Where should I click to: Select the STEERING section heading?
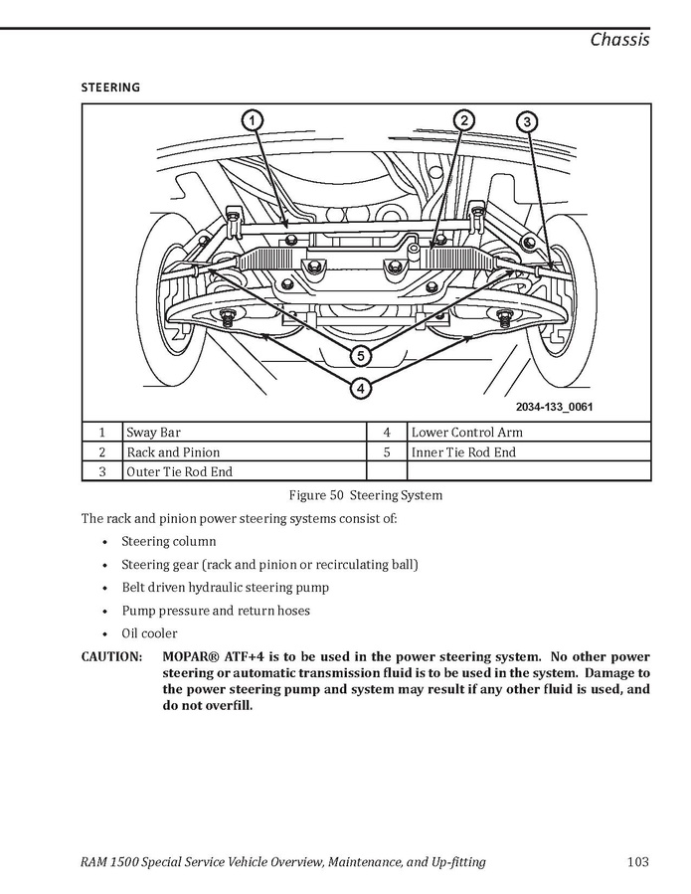click(110, 88)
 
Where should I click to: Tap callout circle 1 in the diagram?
click(253, 120)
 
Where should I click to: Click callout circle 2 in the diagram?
click(463, 120)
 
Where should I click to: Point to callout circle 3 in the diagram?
click(527, 121)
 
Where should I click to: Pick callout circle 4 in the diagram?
click(361, 387)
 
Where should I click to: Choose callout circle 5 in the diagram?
click(361, 355)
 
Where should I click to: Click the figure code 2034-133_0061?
click(554, 407)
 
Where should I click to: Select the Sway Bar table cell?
click(153, 433)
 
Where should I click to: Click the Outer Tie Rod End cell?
click(179, 472)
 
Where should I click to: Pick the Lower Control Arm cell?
click(466, 433)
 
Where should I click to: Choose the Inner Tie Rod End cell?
click(463, 452)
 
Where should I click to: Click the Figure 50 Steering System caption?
click(365, 495)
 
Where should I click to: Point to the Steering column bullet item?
click(168, 542)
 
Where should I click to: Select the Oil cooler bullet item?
click(149, 633)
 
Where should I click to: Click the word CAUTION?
click(111, 657)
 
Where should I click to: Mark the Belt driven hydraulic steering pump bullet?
click(225, 588)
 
